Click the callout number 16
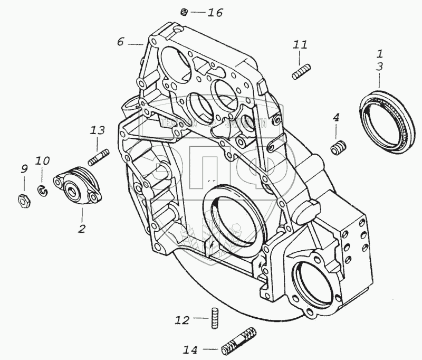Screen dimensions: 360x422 click(x=215, y=13)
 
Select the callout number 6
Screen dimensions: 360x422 click(x=120, y=41)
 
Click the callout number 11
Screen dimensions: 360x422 click(x=300, y=46)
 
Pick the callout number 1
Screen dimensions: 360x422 click(x=379, y=54)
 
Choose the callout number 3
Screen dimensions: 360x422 click(x=379, y=67)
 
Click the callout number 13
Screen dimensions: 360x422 click(x=98, y=130)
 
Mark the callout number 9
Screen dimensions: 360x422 click(x=23, y=169)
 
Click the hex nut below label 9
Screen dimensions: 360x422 click(x=23, y=200)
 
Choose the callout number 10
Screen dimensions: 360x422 click(x=43, y=160)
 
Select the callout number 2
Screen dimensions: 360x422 click(x=82, y=229)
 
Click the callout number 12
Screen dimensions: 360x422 click(x=182, y=319)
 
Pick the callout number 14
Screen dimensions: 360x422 click(x=191, y=349)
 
